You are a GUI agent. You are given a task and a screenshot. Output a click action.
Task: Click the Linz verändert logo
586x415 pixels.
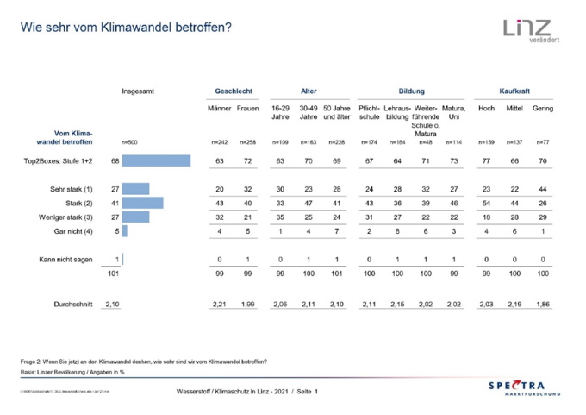[527, 31]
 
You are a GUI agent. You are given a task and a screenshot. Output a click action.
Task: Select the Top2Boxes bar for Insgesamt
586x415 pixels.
[156, 160]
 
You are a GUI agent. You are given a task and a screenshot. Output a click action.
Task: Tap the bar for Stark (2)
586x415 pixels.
[143, 203]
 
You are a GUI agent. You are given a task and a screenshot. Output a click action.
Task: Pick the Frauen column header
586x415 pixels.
[246, 109]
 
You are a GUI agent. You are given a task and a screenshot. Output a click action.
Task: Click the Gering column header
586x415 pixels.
[543, 109]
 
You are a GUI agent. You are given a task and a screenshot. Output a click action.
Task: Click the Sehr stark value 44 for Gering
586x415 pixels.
[543, 189]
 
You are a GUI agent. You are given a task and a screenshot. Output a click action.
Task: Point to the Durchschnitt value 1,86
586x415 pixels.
[543, 305]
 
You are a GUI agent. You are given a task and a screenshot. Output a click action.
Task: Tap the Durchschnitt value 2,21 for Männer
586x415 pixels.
[220, 305]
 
